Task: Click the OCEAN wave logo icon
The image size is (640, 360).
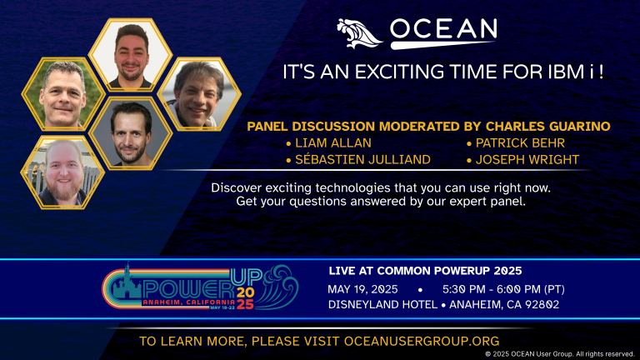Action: click(x=360, y=32)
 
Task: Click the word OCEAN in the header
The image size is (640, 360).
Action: click(x=443, y=31)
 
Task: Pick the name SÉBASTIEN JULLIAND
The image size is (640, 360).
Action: click(x=361, y=159)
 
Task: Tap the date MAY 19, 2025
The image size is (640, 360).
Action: click(x=363, y=288)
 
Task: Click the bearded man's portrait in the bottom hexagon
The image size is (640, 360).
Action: click(x=62, y=171)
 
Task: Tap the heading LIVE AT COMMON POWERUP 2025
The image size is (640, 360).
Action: click(x=426, y=271)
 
